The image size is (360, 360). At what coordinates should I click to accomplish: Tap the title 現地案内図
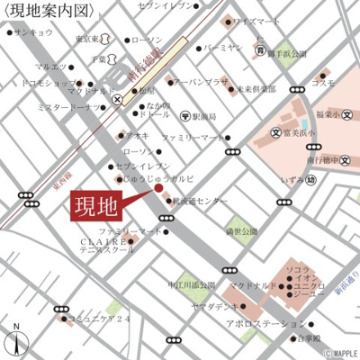pos(50,11)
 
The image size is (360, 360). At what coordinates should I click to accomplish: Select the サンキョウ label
pos(32,31)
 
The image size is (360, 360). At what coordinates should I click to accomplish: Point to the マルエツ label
pos(51,67)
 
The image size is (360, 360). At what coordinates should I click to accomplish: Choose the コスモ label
pos(323,83)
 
